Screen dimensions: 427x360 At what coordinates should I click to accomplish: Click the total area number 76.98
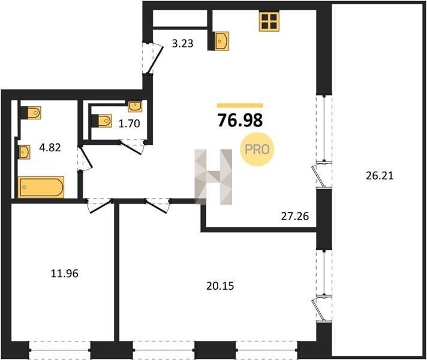point(240,120)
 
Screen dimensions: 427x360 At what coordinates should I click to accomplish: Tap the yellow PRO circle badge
point(257,149)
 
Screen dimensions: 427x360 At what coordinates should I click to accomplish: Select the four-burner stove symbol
point(269,22)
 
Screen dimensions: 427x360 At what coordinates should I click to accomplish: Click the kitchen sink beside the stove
point(222,41)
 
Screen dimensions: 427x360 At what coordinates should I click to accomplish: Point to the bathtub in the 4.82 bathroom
point(41,187)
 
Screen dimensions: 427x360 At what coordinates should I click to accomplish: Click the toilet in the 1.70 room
point(102,121)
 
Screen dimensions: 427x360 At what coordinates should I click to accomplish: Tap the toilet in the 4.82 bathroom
point(31,113)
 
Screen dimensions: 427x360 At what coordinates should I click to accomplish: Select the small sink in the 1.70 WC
point(135,106)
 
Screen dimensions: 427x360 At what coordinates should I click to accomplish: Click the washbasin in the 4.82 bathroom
point(24,152)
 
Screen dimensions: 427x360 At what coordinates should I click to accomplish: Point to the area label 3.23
point(182,43)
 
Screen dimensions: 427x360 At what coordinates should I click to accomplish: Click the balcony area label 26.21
point(380,176)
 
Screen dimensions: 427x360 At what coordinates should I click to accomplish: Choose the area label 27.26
point(295,217)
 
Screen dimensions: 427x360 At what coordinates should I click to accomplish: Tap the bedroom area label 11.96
point(65,274)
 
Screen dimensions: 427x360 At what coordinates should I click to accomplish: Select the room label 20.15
point(220,286)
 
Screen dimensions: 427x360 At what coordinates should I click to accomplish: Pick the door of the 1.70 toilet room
point(132,146)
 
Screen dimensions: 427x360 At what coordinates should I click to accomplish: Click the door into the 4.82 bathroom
point(85,159)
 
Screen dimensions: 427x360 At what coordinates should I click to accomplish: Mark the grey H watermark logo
point(213,177)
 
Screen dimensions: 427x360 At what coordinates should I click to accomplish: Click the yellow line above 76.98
point(240,106)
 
